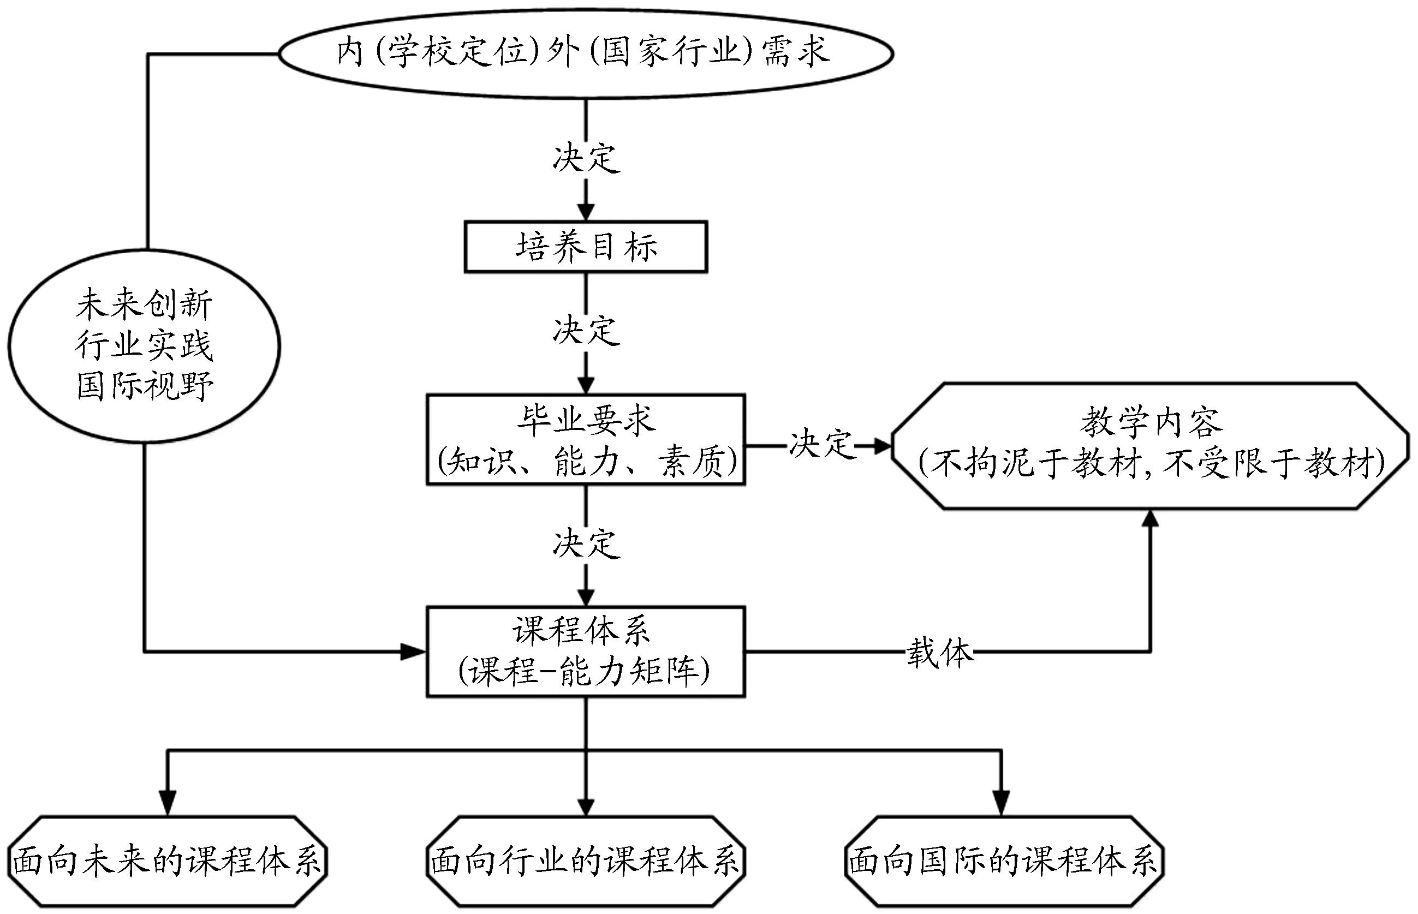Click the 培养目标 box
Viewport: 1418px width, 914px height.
585,247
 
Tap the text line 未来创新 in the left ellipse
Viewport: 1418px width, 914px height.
144,304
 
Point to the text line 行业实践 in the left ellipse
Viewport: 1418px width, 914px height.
144,345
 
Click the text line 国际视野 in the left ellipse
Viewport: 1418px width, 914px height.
144,386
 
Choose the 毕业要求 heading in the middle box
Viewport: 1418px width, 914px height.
586,420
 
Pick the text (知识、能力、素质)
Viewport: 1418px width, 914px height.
586,462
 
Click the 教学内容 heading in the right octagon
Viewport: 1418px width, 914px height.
1151,422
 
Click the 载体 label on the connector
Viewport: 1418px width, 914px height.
939,653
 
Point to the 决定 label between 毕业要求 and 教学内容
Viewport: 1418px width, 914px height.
821,444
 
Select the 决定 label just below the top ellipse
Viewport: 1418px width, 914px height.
586,158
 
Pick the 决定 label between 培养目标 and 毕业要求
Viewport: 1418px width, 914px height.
586,330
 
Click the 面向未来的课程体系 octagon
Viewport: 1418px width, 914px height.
168,861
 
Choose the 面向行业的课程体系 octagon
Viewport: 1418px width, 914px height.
586,861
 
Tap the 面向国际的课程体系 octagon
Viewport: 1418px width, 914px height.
1004,861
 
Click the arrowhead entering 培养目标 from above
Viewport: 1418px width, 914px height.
586,212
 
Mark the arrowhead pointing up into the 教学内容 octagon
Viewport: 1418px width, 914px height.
1151,519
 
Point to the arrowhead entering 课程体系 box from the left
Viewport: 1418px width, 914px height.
414,652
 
